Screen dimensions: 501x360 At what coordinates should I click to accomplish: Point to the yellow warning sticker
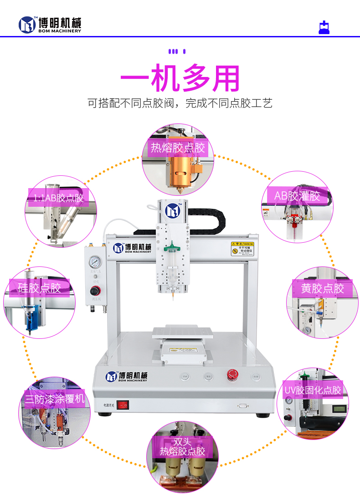tap(242, 248)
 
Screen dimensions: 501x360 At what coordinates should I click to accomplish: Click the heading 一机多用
tap(180, 78)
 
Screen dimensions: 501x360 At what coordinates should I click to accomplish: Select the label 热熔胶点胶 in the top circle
tap(178, 148)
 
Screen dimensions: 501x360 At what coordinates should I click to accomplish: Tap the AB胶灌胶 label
tap(297, 196)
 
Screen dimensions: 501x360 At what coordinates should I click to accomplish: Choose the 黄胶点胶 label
tap(322, 288)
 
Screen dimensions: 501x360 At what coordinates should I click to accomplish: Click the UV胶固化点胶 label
tap(313, 390)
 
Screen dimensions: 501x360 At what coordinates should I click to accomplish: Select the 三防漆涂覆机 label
tap(55, 399)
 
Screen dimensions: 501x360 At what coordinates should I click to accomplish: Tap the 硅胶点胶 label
tap(40, 288)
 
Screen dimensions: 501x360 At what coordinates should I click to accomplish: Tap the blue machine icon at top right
tap(324, 27)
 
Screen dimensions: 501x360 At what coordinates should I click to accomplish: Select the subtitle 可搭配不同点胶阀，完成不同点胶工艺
tap(180, 103)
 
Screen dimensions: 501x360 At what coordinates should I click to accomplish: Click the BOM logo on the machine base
tap(127, 377)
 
